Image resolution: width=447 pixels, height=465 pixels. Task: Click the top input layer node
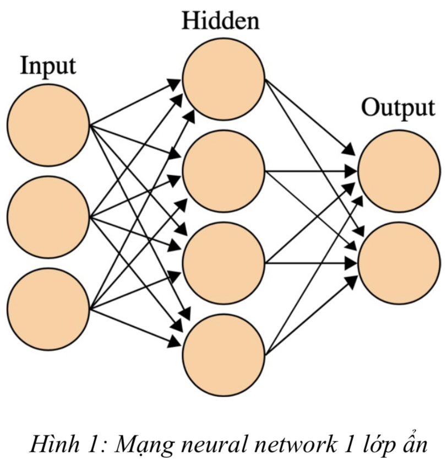(48, 125)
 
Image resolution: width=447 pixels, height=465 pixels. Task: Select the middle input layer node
(48, 217)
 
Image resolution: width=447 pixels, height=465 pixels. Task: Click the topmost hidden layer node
(224, 79)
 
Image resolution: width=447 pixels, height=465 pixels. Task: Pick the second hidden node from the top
(224, 171)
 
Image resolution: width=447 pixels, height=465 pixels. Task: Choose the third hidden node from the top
(224, 262)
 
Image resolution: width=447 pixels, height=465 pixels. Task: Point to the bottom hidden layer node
(224, 353)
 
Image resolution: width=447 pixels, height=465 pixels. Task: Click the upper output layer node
(399, 171)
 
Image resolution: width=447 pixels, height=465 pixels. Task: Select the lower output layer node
(399, 262)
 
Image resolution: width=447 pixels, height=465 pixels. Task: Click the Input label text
(48, 66)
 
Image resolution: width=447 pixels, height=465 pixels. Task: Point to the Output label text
(397, 109)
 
